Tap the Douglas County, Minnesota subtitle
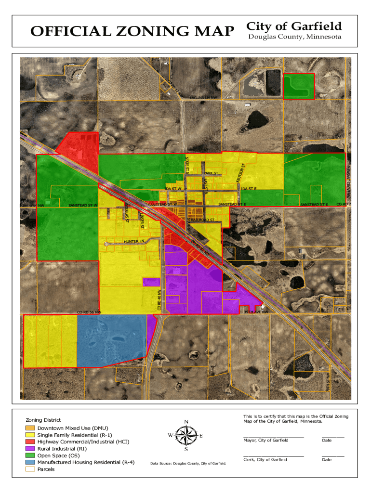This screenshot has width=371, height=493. point(294,37)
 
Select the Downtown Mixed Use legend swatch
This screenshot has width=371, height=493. point(30,428)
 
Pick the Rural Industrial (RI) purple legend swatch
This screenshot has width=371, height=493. point(30,449)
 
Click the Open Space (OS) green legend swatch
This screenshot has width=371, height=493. point(30,455)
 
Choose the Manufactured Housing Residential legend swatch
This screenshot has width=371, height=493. point(30,463)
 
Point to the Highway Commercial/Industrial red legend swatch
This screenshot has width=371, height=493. point(30,441)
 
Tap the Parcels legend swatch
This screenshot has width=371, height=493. point(30,469)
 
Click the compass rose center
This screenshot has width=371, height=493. point(186,436)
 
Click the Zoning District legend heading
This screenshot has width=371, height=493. point(43,420)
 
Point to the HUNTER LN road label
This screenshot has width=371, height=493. point(134,241)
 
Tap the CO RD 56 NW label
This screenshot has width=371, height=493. point(89,312)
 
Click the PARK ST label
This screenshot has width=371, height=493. point(211,173)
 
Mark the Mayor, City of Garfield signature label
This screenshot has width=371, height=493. point(266,441)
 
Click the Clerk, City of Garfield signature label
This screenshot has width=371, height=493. point(265,460)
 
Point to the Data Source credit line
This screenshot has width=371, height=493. point(188,464)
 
